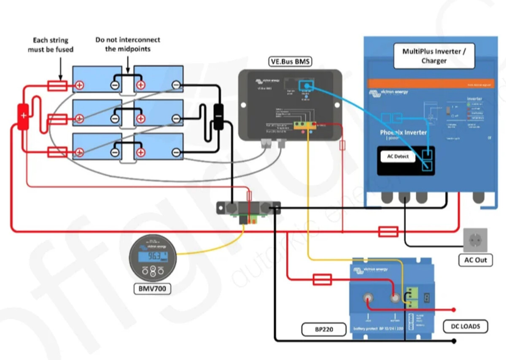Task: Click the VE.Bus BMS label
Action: pos(290,62)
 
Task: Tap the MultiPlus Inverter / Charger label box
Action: pos(434,56)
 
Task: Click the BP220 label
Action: pos(324,329)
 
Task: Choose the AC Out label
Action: pos(476,260)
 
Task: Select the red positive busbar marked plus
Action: pos(23,115)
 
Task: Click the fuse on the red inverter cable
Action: pos(388,231)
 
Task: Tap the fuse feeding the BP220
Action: pos(322,279)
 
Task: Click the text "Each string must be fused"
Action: pos(51,45)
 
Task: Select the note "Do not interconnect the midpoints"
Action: pos(128,44)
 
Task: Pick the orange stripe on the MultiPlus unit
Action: pos(431,84)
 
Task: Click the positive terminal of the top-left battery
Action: pos(79,86)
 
